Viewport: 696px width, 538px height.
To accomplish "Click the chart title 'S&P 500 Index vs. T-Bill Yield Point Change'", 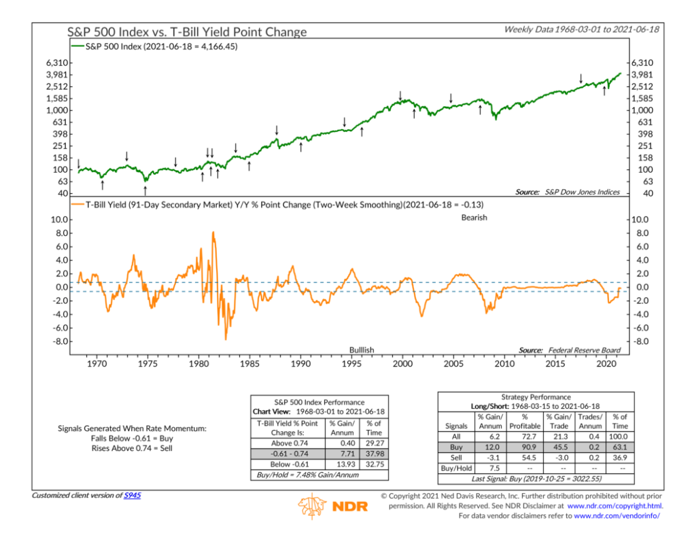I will pyautogui.click(x=187, y=32).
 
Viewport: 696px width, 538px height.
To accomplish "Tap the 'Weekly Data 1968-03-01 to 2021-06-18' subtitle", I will pyautogui.click(x=582, y=30).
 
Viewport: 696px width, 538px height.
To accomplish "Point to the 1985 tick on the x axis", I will pyautogui.click(x=249, y=364).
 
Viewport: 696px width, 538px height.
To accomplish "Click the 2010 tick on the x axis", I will pyautogui.click(x=504, y=364).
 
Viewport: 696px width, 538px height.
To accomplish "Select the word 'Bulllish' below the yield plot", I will pyautogui.click(x=361, y=350).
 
